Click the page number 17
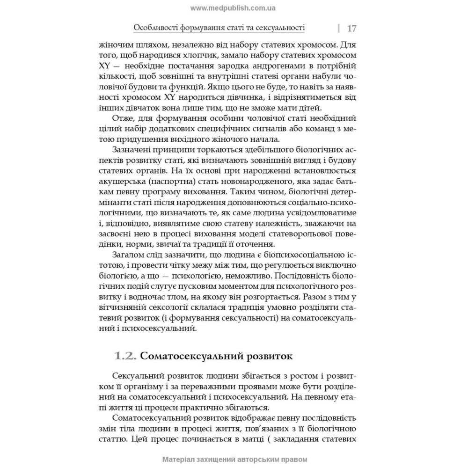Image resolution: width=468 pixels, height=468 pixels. (x=352, y=28)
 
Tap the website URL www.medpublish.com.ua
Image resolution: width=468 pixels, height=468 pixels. (x=233, y=8)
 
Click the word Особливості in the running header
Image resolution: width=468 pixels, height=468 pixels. (x=156, y=28)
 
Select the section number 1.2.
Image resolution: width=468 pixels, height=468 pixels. (x=125, y=356)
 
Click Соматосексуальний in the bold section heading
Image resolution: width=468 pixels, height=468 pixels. (x=192, y=356)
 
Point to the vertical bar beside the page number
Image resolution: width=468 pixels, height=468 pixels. (x=338, y=28)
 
